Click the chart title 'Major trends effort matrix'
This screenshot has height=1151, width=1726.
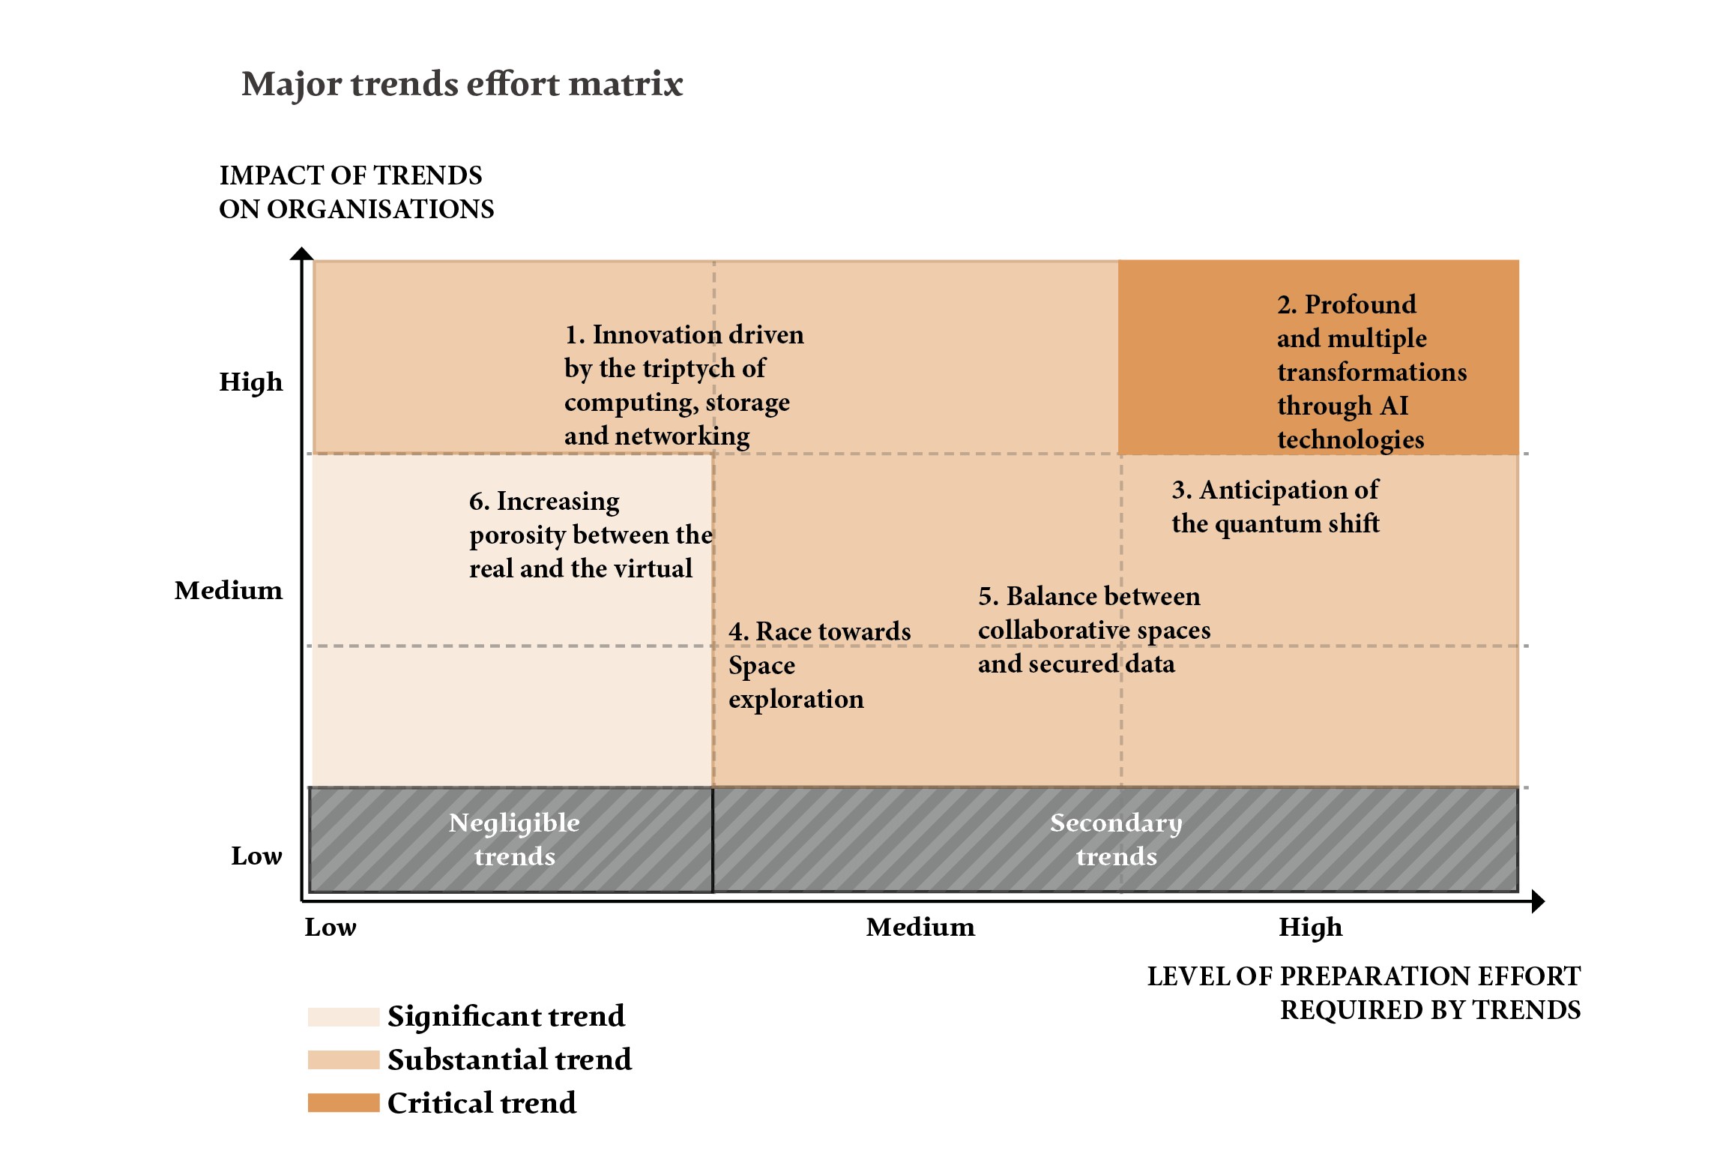point(462,84)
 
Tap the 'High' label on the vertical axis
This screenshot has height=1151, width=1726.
point(250,382)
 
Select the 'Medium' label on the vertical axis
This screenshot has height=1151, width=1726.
point(229,590)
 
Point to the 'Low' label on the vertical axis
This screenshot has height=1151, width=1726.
point(256,856)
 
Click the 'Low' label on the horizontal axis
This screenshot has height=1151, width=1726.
point(331,928)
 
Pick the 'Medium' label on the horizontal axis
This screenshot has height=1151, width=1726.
point(920,928)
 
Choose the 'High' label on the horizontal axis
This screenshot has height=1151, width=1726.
point(1310,928)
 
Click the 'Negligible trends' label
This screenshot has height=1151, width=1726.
point(514,839)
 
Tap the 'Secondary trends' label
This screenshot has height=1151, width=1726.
point(1116,839)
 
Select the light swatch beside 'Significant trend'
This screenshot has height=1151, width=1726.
point(343,1017)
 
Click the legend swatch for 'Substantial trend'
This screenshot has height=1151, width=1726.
point(343,1060)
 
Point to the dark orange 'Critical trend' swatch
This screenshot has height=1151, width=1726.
point(343,1103)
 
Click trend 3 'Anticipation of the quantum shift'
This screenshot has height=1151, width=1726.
point(1275,506)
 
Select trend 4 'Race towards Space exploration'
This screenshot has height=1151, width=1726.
point(818,665)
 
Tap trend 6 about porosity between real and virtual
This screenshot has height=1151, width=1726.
point(590,535)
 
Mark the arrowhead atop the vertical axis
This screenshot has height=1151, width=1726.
point(301,253)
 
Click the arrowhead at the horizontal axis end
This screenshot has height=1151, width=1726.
point(1538,901)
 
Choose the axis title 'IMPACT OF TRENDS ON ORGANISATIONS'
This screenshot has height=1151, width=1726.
point(356,192)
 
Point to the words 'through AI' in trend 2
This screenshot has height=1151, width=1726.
point(1342,406)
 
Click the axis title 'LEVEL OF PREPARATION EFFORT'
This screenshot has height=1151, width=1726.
point(1363,976)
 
